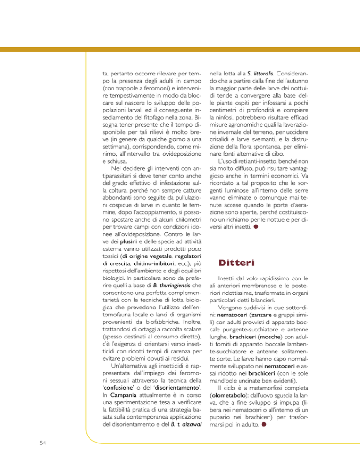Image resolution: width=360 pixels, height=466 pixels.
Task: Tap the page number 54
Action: (x=30, y=444)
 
